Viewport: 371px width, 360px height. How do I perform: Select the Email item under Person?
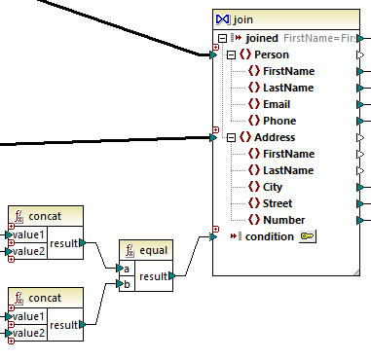pos(278,104)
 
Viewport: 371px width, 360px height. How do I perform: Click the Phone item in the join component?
pos(279,121)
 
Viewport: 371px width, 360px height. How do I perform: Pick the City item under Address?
pos(275,187)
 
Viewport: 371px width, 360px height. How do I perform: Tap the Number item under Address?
pos(284,220)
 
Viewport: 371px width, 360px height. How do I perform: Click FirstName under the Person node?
pos(288,71)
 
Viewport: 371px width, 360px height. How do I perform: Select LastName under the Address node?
pos(287,170)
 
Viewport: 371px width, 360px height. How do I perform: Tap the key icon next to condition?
pos(307,236)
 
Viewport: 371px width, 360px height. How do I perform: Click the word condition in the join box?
pos(269,236)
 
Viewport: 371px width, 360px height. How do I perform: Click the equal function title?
pos(153,250)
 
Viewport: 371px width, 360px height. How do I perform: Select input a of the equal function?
pos(126,269)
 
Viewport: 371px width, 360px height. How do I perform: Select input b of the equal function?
pos(126,284)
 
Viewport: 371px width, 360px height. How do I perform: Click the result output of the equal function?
pos(154,276)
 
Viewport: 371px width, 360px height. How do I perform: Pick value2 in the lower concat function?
pos(28,333)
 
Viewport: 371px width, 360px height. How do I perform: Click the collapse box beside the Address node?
pos(230,137)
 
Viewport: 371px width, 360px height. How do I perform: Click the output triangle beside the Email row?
pos(362,104)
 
